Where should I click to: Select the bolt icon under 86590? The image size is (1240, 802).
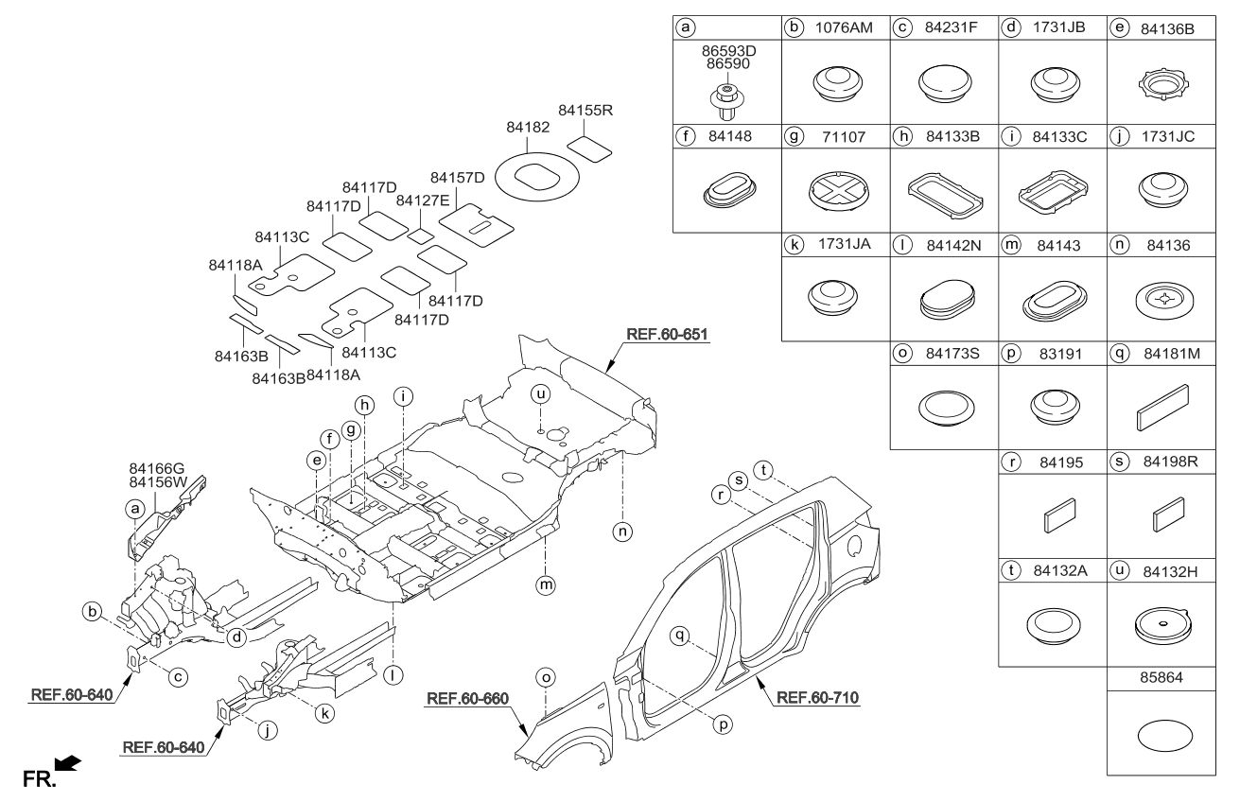pos(725,98)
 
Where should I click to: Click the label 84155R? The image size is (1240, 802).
pos(585,111)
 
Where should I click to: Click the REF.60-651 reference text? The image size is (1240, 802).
pos(667,334)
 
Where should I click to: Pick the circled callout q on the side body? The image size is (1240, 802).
pos(678,636)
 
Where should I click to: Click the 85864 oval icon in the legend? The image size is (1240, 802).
pos(1161,733)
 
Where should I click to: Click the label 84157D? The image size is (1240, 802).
pos(458,178)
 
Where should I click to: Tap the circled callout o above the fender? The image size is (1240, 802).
pos(544,677)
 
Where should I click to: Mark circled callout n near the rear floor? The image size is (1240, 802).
pos(622,532)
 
